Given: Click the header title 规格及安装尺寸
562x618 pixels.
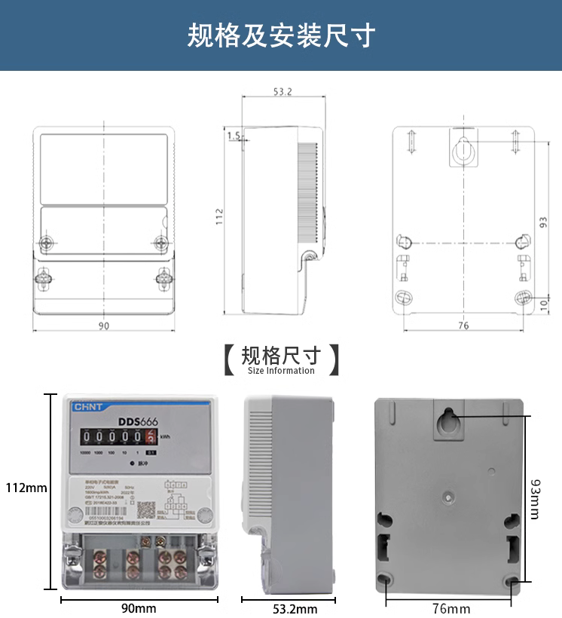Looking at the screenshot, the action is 281,35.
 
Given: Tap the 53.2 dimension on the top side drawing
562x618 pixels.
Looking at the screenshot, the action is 283,92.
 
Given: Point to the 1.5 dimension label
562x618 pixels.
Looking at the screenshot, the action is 233,136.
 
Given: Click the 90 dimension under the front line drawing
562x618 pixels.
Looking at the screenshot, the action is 104,326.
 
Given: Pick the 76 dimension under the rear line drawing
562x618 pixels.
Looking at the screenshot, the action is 463,326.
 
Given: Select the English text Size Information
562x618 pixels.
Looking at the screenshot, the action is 281,371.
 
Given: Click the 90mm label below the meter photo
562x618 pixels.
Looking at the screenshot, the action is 139,608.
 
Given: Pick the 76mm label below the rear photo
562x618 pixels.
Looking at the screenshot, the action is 450,608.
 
